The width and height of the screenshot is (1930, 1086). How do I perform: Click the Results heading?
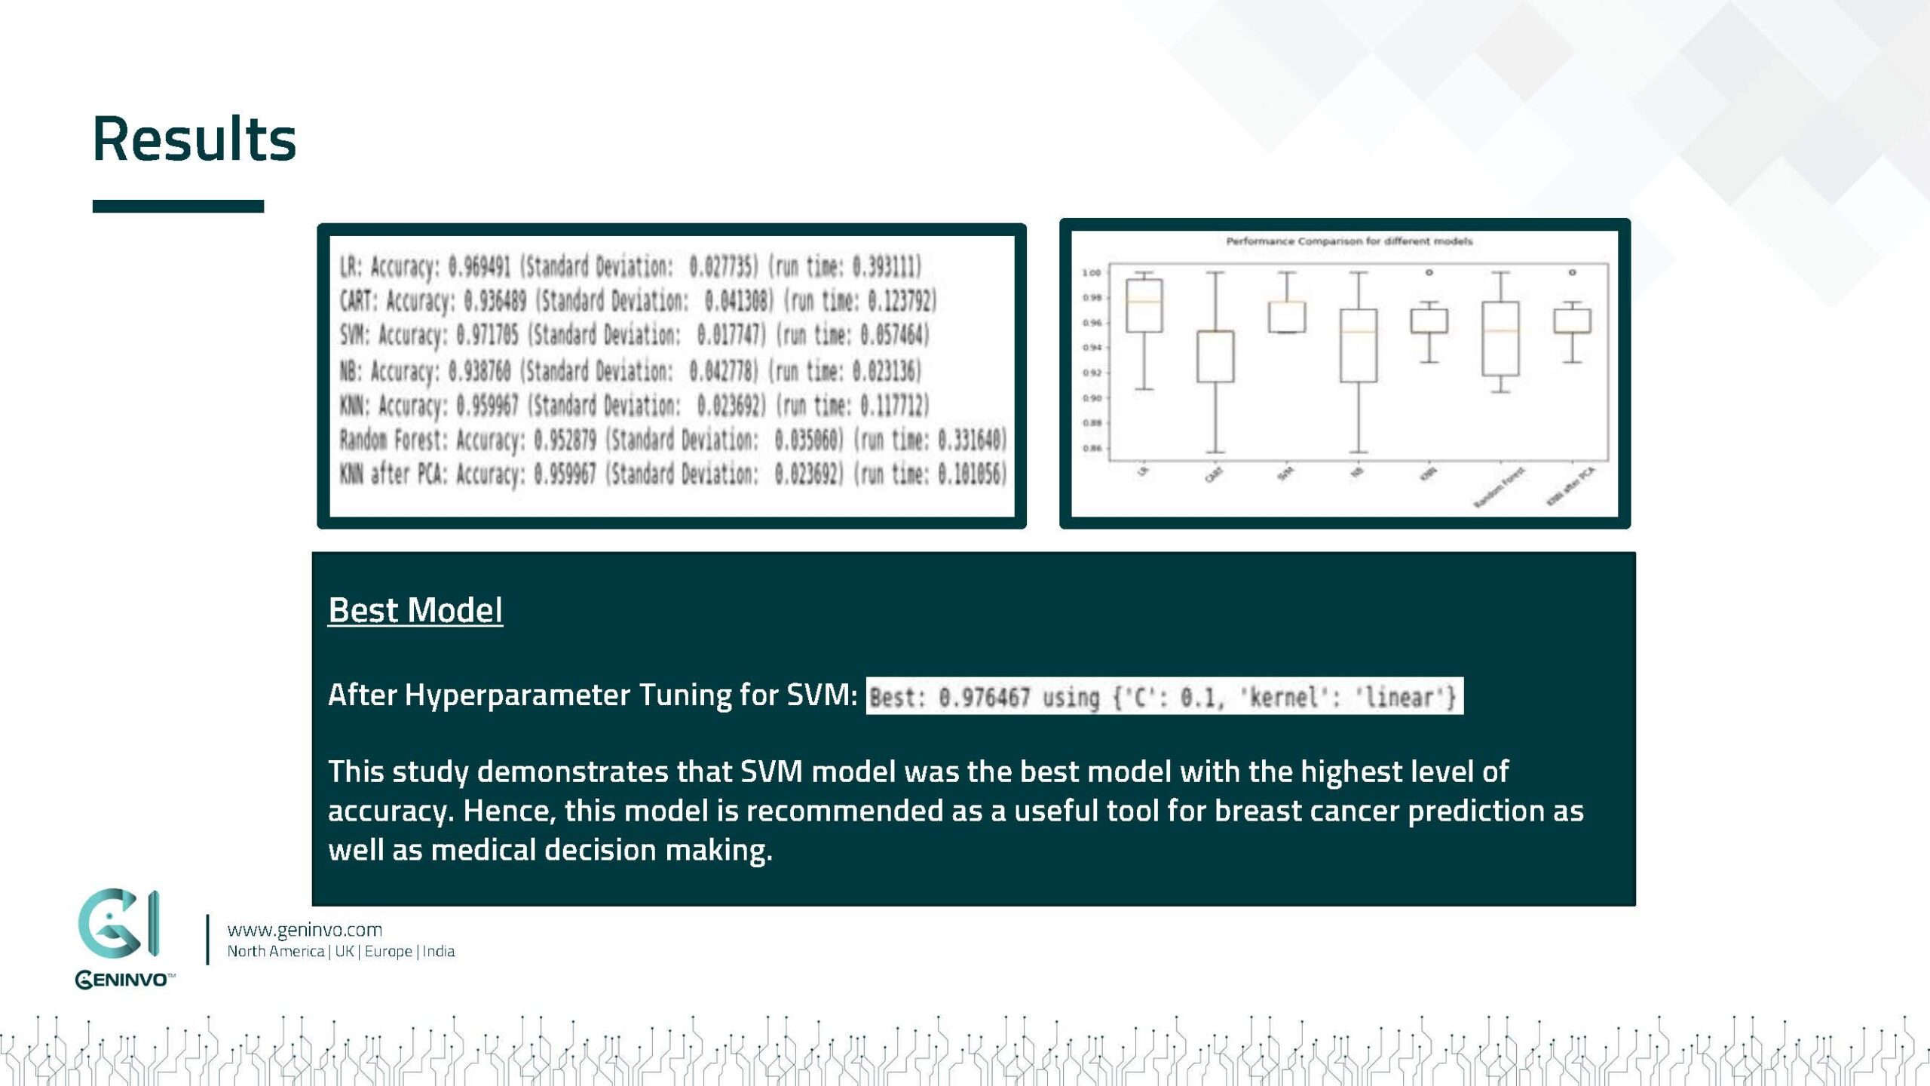(x=195, y=140)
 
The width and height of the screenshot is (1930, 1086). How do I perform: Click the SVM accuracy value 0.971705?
(x=491, y=334)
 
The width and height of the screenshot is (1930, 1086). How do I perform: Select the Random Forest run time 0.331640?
(x=972, y=439)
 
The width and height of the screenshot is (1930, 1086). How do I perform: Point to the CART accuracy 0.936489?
(x=495, y=300)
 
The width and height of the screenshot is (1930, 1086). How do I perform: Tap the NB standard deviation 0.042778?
(x=723, y=370)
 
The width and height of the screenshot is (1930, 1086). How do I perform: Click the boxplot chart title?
(x=1349, y=241)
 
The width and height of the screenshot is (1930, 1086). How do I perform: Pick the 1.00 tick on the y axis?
(x=1091, y=273)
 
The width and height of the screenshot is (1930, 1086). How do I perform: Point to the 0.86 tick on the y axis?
(x=1091, y=449)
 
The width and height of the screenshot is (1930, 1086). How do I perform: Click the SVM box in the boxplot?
(x=1286, y=318)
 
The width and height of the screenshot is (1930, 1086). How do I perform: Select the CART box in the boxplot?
(x=1215, y=357)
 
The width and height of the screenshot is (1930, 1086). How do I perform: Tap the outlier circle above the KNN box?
(x=1429, y=272)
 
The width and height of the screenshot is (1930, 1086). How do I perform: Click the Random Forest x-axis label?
(x=1500, y=487)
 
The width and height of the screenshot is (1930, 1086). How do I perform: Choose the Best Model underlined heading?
(x=415, y=610)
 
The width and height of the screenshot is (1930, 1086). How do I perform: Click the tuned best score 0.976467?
(x=984, y=697)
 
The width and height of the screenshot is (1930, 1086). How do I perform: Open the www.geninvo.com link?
(x=305, y=930)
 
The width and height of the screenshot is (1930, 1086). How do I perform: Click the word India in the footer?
(x=439, y=952)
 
